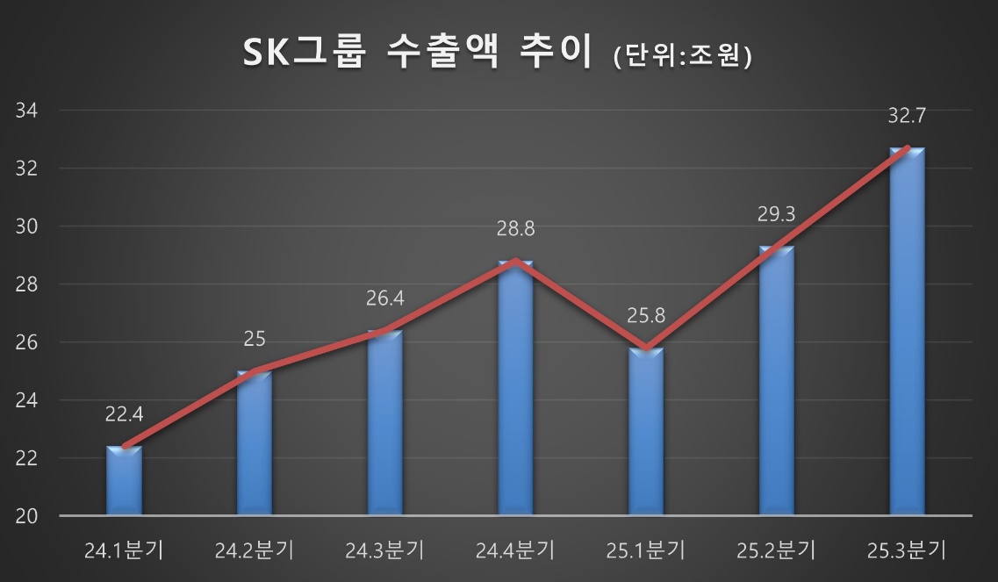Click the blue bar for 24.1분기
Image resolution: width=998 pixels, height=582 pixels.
[x=124, y=481]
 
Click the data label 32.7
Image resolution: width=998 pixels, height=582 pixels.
[x=907, y=116]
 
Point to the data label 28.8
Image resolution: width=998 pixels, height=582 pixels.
[x=515, y=229]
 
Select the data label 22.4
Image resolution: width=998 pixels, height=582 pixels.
[x=124, y=414]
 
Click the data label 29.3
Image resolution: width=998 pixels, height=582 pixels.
[x=777, y=214]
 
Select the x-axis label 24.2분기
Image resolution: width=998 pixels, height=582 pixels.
[x=255, y=551]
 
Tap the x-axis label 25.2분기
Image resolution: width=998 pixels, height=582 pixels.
[x=777, y=551]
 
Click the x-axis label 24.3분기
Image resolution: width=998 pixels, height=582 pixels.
[x=384, y=551]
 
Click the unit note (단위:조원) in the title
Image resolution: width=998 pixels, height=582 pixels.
[x=684, y=56]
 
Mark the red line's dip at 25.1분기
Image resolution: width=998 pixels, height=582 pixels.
[x=646, y=348]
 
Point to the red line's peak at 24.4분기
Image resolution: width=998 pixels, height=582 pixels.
[x=515, y=261]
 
